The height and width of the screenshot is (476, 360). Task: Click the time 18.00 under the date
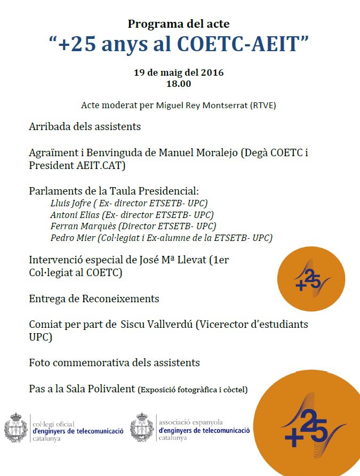(x=179, y=84)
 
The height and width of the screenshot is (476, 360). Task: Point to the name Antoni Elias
(x=71, y=215)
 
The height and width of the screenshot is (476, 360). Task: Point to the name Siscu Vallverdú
(x=156, y=324)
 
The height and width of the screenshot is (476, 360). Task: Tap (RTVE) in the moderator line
(x=264, y=105)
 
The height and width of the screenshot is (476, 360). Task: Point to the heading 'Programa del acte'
(x=179, y=23)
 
